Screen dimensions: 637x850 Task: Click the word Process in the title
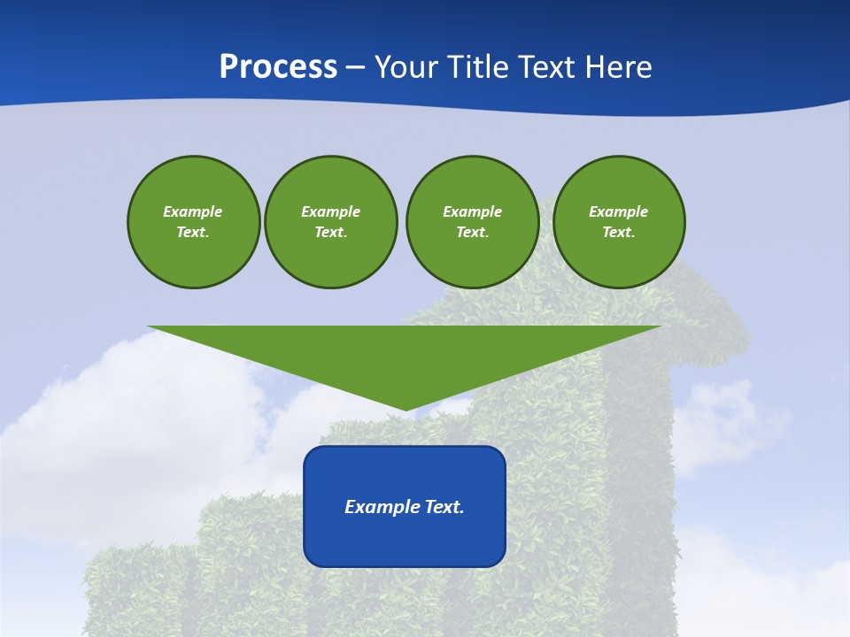(278, 67)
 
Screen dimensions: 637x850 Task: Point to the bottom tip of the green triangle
(406, 409)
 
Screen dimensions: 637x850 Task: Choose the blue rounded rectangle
(405, 540)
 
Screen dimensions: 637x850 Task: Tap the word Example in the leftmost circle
(193, 211)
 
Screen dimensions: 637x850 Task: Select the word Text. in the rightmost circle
(618, 232)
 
